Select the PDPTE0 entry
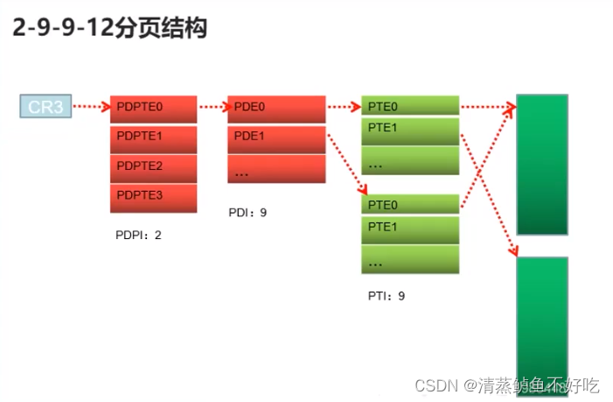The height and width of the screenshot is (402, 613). pos(153,108)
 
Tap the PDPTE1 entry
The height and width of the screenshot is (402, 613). pos(153,138)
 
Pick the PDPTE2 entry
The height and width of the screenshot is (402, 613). pos(153,166)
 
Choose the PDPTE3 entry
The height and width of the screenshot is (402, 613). pos(153,196)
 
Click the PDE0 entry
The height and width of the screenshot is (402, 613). pos(276,108)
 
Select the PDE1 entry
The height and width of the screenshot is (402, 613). pos(276,138)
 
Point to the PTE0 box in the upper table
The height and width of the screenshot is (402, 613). pos(410,106)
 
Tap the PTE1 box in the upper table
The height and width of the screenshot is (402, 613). pos(410,130)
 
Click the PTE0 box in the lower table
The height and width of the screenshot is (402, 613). pos(410,205)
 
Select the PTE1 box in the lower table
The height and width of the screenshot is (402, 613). pos(410,228)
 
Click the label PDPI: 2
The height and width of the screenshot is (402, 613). pos(138,235)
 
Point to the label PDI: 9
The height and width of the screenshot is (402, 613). pos(247,212)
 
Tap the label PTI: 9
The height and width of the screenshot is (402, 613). pos(387,296)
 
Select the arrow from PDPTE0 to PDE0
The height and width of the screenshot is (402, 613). pos(212,108)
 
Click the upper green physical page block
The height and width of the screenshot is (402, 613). pos(542,164)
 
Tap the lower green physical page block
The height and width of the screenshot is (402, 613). pos(542,324)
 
